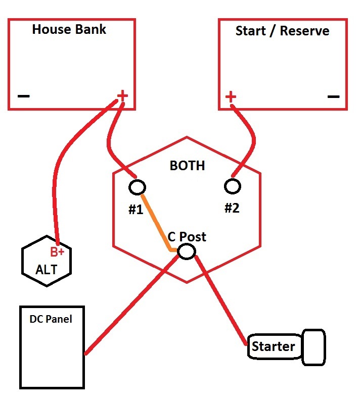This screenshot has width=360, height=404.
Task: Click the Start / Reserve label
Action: (282, 31)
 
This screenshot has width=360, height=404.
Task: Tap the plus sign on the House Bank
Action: (122, 95)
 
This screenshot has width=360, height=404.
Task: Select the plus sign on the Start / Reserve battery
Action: (231, 96)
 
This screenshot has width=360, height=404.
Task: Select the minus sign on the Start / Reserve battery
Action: (333, 96)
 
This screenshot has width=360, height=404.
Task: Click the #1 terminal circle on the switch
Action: (137, 187)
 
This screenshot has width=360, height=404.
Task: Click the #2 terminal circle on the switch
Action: (233, 186)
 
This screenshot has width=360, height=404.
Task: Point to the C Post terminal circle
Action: (187, 251)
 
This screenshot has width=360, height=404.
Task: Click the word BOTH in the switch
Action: (187, 166)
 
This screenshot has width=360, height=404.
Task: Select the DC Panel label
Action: (51, 319)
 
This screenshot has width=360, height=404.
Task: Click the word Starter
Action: (273, 346)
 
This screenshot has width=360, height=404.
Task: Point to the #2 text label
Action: (232, 208)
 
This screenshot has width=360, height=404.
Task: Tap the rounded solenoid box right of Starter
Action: (313, 347)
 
